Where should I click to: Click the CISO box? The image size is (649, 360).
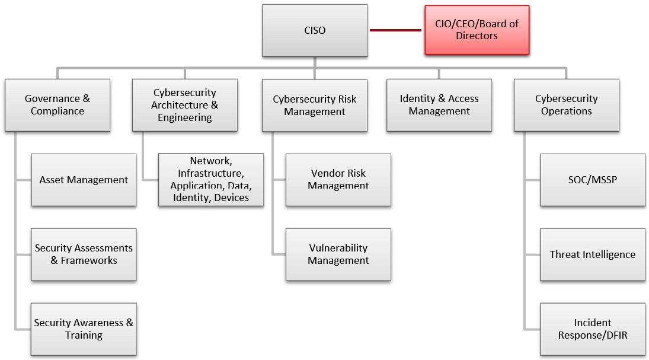315,30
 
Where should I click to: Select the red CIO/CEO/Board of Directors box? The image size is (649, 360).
477,30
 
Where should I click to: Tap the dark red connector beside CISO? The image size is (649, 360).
395,30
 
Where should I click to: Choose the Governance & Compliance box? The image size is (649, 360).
57,105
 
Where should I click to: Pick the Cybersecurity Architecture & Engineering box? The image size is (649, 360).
184,105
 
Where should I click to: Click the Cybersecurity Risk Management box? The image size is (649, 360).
315,105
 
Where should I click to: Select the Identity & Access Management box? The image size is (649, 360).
439,105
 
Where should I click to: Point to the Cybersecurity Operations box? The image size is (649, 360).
567,105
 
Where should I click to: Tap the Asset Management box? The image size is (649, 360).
84,180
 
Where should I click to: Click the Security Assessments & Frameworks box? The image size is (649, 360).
84,254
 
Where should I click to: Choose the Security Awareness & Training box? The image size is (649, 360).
84,329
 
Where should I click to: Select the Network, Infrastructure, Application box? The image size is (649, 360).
211,180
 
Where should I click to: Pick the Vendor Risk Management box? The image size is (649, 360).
338,180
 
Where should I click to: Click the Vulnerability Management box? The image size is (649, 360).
338,254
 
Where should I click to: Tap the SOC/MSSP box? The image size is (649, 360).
593,180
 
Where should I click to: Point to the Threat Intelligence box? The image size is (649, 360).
593,254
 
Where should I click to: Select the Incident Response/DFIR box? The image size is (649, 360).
593,329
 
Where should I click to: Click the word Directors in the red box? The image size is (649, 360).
477,36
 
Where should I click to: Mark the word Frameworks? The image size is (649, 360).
89,260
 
